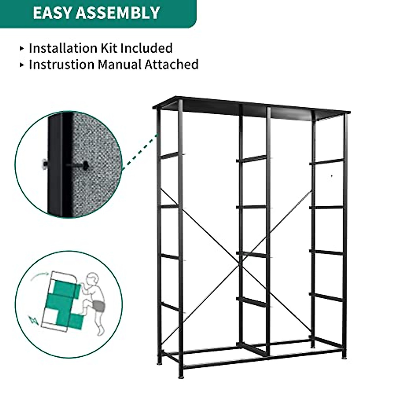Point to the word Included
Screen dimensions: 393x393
pyautogui.click(x=146, y=48)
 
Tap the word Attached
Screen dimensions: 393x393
pyautogui.click(x=172, y=64)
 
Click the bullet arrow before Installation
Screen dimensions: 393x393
pyautogui.click(x=22, y=48)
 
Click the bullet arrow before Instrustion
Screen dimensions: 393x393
pyautogui.click(x=22, y=65)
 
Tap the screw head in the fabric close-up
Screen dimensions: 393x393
pyautogui.click(x=86, y=165)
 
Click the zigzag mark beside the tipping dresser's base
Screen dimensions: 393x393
pyautogui.click(x=33, y=319)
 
